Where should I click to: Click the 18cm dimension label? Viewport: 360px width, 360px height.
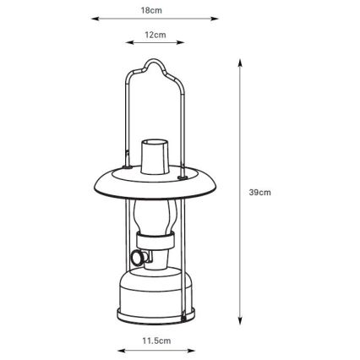coord(152,10)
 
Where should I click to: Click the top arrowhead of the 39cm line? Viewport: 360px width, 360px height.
coord(242,63)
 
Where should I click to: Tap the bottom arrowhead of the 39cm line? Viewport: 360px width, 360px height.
coord(242,324)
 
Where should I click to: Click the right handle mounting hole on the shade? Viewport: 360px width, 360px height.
coord(184,177)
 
